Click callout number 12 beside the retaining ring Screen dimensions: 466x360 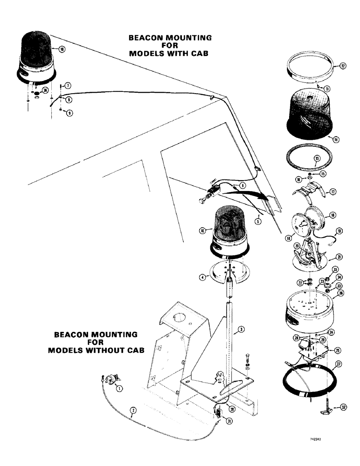343,67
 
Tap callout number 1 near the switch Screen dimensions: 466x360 119,388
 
